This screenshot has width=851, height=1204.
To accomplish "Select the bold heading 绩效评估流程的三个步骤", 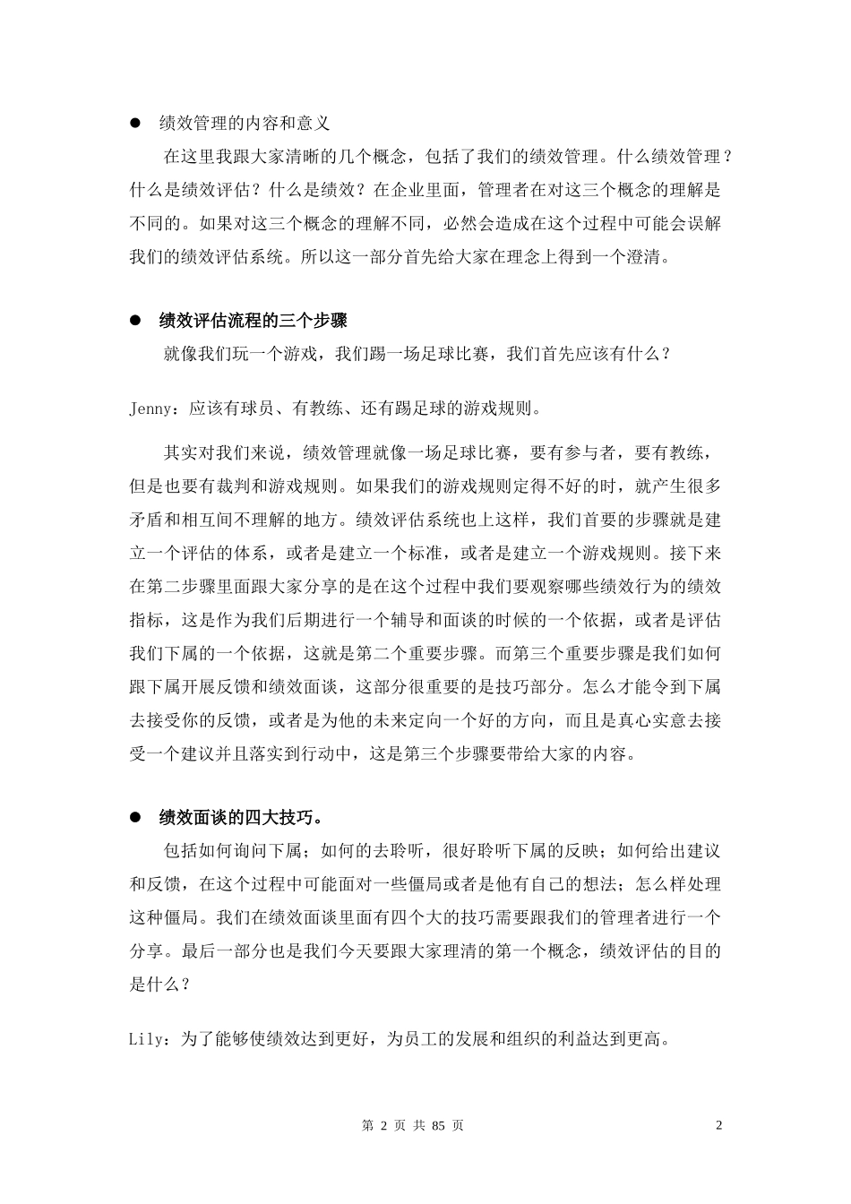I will coord(253,321).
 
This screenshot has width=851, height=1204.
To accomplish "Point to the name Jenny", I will coord(154,409).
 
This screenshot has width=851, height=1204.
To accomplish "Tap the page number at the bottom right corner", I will coord(718,1126).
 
